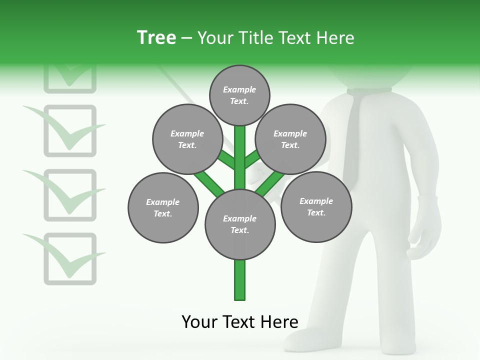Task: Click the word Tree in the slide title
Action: (156, 37)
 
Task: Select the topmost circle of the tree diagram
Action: (239, 95)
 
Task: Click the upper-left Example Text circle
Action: (187, 139)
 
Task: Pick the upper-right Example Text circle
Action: (290, 139)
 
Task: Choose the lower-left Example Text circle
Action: (163, 207)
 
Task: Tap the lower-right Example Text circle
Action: (316, 206)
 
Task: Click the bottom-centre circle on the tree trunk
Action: (240, 224)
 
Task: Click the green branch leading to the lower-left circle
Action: (209, 182)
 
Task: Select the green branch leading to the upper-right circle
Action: (251, 159)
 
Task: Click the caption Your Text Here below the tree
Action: (240, 322)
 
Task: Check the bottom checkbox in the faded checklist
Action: (70, 258)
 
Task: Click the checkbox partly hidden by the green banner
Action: (70, 80)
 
